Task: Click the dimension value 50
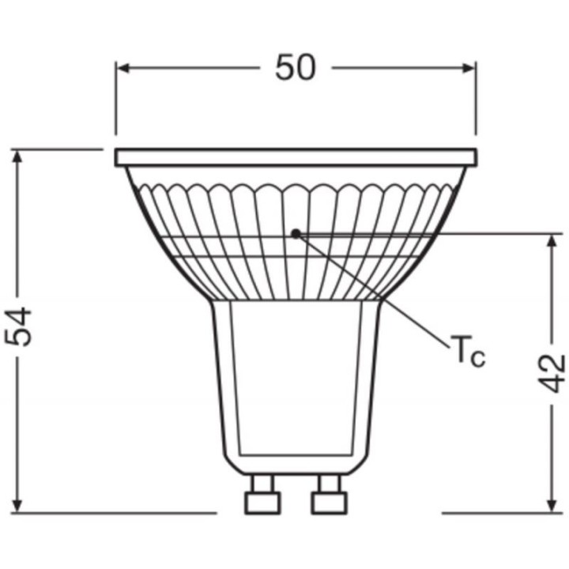[296, 68]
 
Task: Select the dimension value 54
[21, 326]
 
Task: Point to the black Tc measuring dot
[296, 233]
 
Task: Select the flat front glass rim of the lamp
[296, 157]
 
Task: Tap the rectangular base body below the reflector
[296, 379]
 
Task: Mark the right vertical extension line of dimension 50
[476, 103]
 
